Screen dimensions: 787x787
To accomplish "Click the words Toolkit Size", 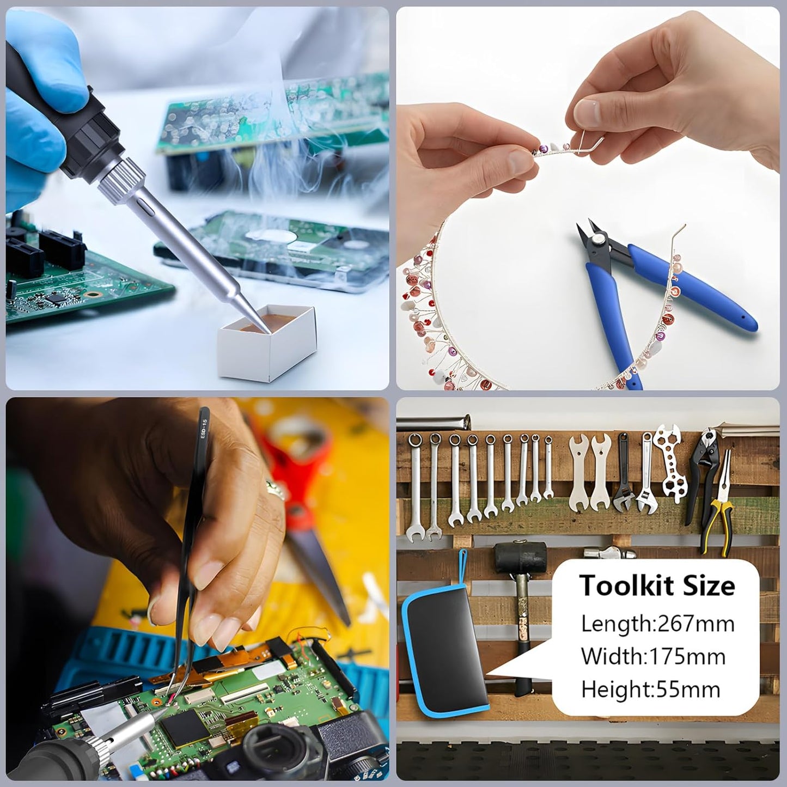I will click(657, 586).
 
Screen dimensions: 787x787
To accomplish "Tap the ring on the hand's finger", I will click(275, 487).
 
